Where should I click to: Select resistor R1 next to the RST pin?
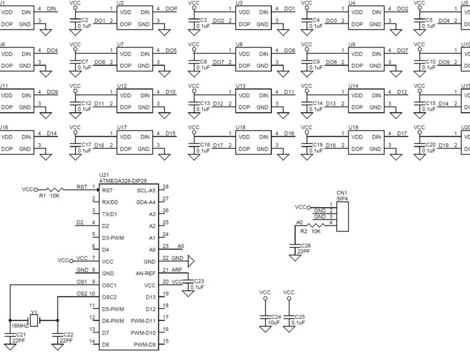(54, 189)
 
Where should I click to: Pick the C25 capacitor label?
(300, 316)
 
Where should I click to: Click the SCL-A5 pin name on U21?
(146, 190)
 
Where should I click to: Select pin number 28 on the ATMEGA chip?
(166, 187)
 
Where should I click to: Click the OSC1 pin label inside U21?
(109, 285)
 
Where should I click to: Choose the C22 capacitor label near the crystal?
(68, 334)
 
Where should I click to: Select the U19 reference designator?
(353, 127)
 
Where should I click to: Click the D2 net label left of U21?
(80, 223)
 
